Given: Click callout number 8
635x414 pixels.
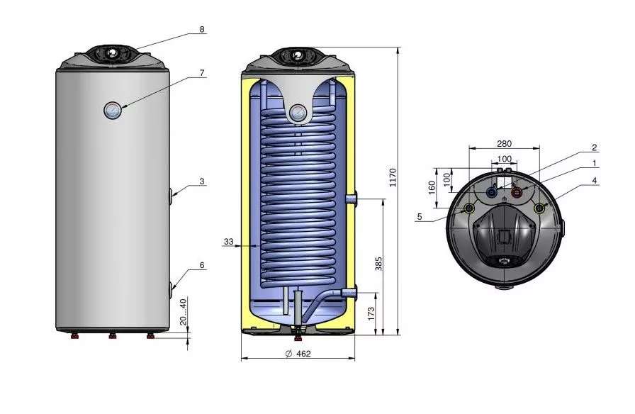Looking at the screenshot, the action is (202, 29).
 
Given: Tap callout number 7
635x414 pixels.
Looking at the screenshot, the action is (202, 73).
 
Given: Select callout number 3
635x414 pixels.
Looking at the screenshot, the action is (202, 181).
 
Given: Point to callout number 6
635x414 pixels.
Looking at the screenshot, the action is (202, 265).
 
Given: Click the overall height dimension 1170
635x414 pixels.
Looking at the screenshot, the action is (393, 177).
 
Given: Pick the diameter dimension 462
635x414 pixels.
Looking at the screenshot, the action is (298, 354).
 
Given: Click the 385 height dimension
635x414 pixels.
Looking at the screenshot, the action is (378, 264).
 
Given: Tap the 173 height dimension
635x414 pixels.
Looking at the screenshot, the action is (371, 313).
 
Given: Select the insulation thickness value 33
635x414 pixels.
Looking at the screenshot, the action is (228, 242).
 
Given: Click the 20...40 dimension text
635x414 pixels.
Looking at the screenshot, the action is (183, 312).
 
